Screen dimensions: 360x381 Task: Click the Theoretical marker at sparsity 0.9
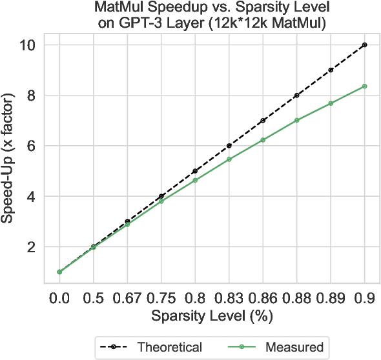[x=365, y=45]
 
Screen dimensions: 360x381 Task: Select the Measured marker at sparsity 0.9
[x=365, y=86]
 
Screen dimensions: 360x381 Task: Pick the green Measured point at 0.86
[x=263, y=140]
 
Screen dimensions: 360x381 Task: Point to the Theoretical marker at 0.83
[x=229, y=146]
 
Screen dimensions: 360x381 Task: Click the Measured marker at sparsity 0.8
[x=195, y=180]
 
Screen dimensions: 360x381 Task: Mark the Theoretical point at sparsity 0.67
[x=127, y=221]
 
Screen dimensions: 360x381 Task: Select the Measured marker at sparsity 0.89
[x=331, y=103]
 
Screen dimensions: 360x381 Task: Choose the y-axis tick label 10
[x=36, y=45]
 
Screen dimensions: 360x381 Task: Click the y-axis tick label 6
[x=39, y=146]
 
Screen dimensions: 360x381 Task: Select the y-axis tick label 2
[x=39, y=246]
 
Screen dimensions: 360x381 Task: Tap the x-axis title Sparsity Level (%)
[x=212, y=317]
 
